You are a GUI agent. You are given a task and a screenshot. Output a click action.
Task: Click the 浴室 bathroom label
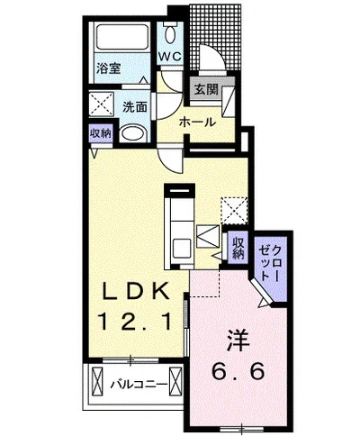(108, 68)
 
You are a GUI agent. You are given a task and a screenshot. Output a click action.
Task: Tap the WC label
(170, 56)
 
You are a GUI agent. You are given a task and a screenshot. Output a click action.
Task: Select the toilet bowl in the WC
(171, 34)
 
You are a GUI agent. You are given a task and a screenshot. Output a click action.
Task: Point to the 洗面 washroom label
(135, 106)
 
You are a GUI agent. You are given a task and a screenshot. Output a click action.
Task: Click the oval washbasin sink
(133, 133)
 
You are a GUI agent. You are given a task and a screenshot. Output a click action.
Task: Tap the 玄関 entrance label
(206, 89)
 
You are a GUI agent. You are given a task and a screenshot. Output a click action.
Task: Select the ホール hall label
(198, 123)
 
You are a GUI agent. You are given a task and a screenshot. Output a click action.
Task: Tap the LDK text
(135, 291)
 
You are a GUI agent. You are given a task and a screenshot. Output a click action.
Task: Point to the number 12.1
(135, 321)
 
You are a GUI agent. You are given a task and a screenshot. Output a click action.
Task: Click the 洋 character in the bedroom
(238, 341)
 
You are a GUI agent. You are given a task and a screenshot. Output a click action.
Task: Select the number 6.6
(238, 370)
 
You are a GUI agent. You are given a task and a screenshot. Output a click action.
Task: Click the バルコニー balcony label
(139, 385)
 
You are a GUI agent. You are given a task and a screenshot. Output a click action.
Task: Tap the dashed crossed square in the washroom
(102, 104)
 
